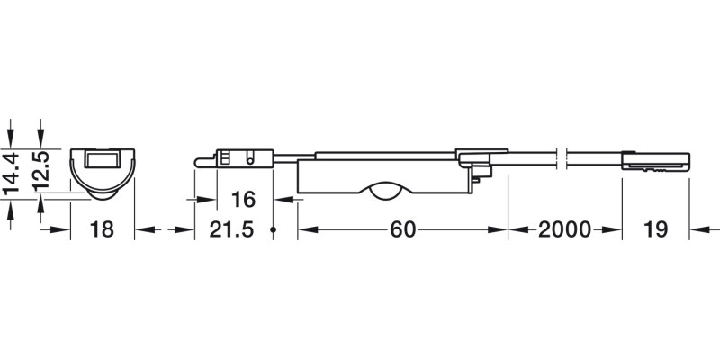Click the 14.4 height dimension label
tap(13, 174)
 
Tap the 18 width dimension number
tap(103, 230)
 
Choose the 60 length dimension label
tap(402, 230)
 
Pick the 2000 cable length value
tap(564, 230)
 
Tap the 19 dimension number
tap(655, 230)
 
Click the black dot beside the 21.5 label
tap(272, 231)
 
